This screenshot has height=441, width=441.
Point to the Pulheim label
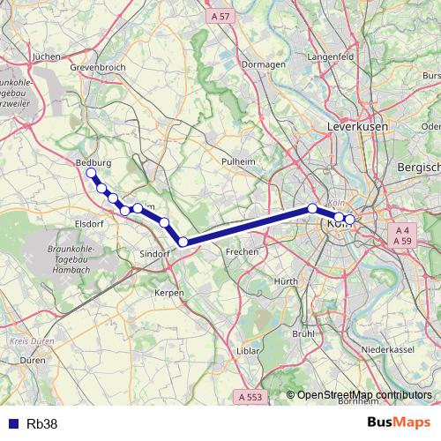tap(238, 161)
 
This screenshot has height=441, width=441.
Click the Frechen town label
tap(241, 251)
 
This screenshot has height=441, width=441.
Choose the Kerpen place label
tap(168, 292)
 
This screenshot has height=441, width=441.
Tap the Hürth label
tap(287, 280)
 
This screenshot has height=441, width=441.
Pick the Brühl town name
tap(303, 333)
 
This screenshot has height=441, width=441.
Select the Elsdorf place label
tap(91, 223)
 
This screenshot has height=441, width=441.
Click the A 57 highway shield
tap(220, 16)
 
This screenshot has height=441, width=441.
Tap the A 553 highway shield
tap(251, 398)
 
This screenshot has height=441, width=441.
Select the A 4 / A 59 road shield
tap(403, 234)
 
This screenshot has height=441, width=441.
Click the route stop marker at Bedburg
tap(91, 173)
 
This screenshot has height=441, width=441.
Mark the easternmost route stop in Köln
tap(349, 219)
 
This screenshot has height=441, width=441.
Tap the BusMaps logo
tap(399, 423)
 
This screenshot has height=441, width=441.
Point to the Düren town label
tap(33, 361)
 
